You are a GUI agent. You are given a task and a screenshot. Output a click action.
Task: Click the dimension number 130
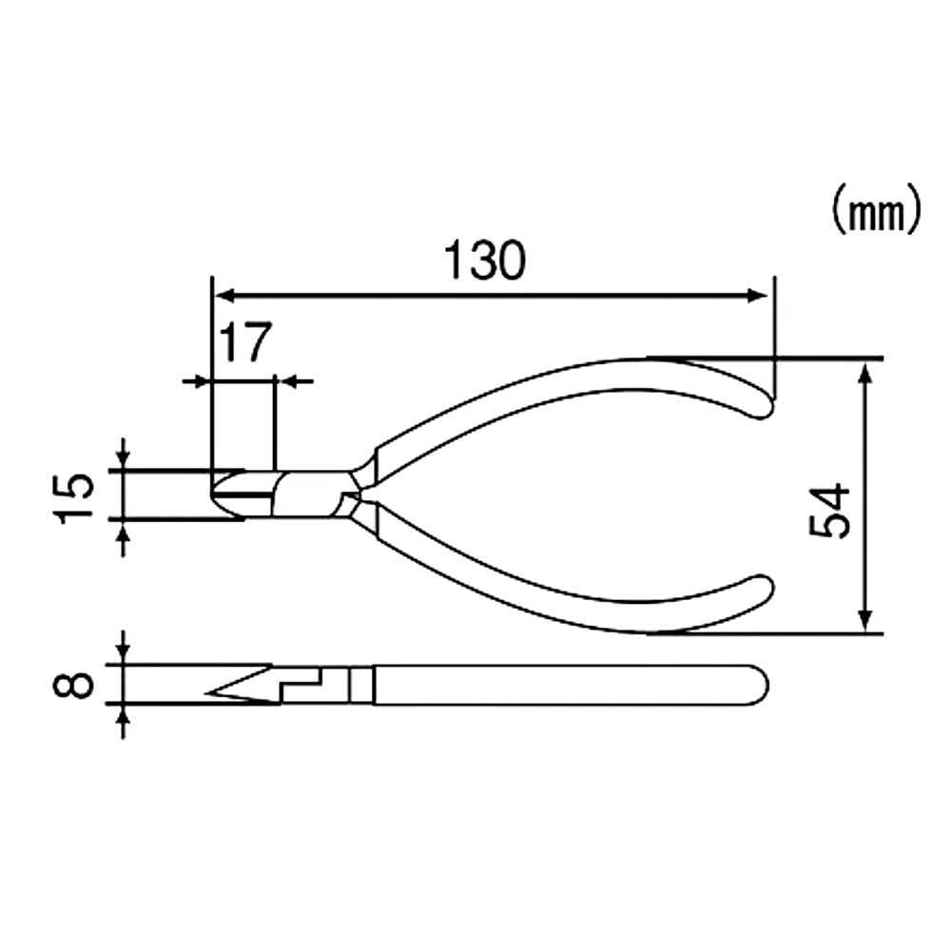tap(485, 260)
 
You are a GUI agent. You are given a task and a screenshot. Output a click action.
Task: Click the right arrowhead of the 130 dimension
tap(758, 296)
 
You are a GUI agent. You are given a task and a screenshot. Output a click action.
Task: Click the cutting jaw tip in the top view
tap(217, 495)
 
